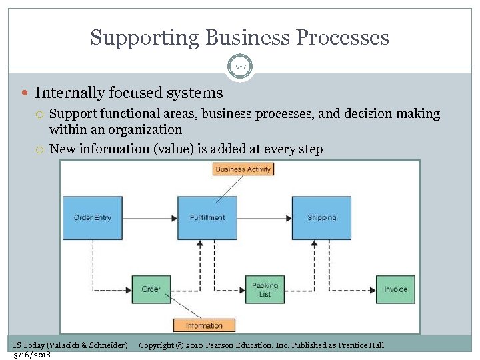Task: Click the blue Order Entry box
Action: click(x=93, y=218)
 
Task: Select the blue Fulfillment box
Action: click(x=207, y=218)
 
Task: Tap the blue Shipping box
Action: click(x=321, y=218)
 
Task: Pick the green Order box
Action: click(x=151, y=289)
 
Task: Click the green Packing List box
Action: click(x=265, y=289)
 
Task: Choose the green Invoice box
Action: click(x=395, y=289)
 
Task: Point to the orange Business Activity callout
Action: click(x=243, y=169)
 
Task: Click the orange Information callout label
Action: click(x=204, y=325)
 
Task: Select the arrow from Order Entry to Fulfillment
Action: click(x=150, y=218)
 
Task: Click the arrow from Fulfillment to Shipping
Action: click(x=265, y=218)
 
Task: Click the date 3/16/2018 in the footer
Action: click(x=32, y=354)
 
